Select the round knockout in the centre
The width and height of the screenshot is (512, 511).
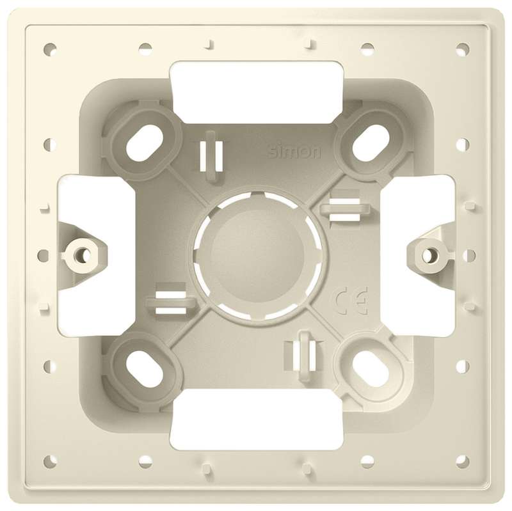coord(255,254)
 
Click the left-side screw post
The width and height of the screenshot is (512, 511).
coord(81,254)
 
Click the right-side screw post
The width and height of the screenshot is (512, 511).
coord(429,254)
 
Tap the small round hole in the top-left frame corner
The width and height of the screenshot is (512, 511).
coord(49,47)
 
